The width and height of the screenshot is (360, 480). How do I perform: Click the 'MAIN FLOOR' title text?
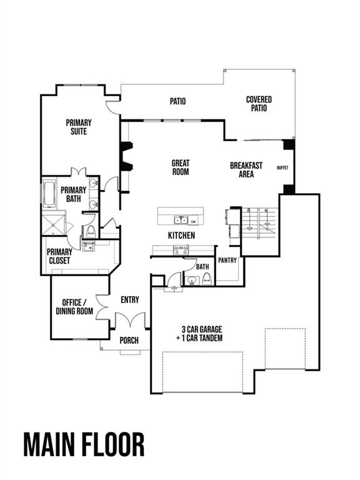point(84,444)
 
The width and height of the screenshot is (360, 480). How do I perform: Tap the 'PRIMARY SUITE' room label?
point(79,127)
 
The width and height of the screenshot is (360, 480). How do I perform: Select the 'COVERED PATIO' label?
point(259,104)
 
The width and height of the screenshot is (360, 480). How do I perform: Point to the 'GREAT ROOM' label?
point(181,167)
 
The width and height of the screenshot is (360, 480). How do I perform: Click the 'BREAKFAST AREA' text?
point(246,170)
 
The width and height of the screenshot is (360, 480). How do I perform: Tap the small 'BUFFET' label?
point(282,168)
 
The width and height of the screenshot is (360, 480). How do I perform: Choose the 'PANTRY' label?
point(227,261)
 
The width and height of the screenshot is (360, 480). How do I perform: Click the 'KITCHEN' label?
point(181,236)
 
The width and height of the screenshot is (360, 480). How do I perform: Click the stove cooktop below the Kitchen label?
point(181,249)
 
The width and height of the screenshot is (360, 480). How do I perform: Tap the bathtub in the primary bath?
point(49,194)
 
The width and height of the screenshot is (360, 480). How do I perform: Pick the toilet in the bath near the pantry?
point(207,279)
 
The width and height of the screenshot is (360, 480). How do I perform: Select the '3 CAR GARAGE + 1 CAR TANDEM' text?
point(202,333)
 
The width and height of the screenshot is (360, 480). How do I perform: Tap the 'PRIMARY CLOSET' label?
point(59,256)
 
